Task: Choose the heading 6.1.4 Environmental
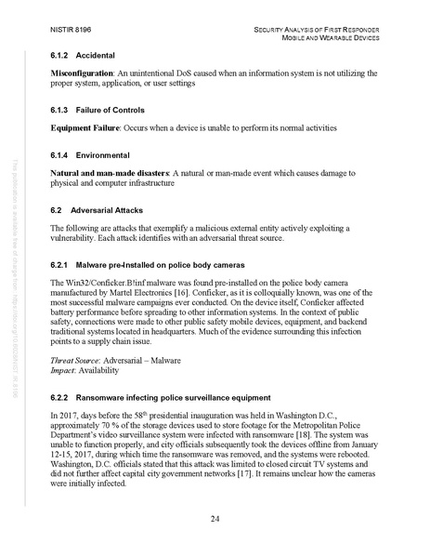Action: click(97, 153)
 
